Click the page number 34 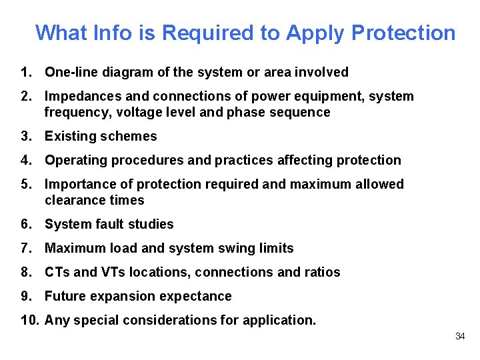459,336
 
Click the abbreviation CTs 57,272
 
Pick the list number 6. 26,224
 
